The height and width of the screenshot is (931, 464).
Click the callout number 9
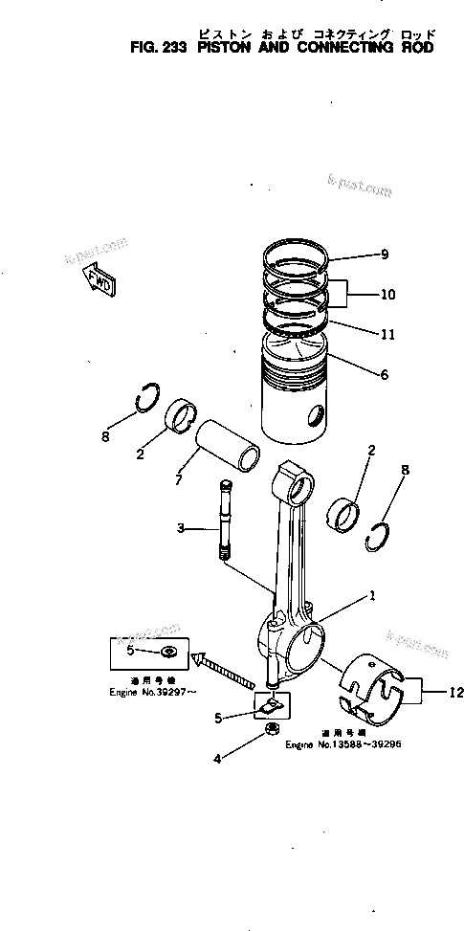click(x=384, y=255)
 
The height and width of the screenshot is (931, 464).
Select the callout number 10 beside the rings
click(x=387, y=295)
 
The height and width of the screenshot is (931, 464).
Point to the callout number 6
click(x=384, y=375)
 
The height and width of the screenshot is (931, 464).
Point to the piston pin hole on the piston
click(x=313, y=417)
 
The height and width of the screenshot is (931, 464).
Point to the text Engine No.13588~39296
click(x=340, y=743)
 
